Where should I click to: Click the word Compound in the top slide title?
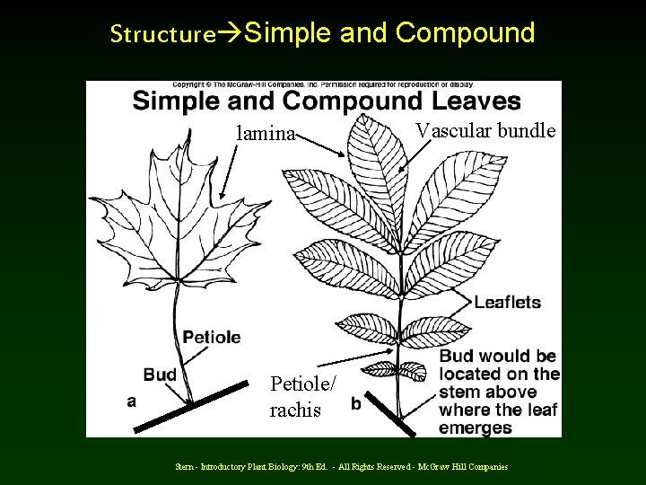pyautogui.click(x=465, y=33)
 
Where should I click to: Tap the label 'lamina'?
pyautogui.click(x=265, y=134)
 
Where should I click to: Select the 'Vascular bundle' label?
pyautogui.click(x=485, y=130)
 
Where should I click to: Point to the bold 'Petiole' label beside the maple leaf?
pyautogui.click(x=212, y=337)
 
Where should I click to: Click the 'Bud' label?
pyautogui.click(x=160, y=375)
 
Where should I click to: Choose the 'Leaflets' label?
pyautogui.click(x=508, y=302)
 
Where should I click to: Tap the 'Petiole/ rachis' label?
pyautogui.click(x=303, y=396)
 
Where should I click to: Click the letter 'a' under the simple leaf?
pyautogui.click(x=132, y=401)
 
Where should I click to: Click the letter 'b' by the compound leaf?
pyautogui.click(x=356, y=404)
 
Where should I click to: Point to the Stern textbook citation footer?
pyautogui.click(x=341, y=466)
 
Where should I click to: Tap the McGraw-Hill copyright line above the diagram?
pyautogui.click(x=323, y=85)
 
